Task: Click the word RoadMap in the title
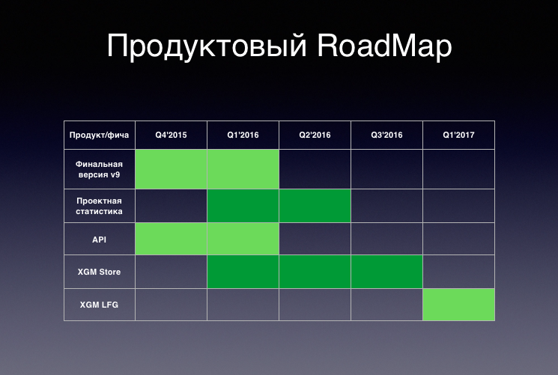tap(384, 46)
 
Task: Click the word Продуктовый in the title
tap(207, 46)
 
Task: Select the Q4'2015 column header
tap(171, 135)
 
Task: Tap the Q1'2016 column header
tap(243, 135)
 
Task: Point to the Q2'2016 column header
tap(315, 135)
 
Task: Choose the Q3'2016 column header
tap(386, 135)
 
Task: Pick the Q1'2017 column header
tap(458, 135)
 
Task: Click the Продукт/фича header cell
tap(100, 135)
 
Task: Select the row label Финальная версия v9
tap(100, 169)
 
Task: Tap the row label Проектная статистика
tap(100, 206)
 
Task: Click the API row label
tap(100, 240)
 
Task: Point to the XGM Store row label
tap(100, 272)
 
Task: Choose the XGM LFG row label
tap(100, 305)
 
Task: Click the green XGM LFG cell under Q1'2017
tap(458, 305)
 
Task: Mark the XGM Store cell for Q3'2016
tap(386, 272)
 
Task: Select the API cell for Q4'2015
tap(172, 239)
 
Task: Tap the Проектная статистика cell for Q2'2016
tap(315, 206)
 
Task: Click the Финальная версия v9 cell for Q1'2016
tap(243, 169)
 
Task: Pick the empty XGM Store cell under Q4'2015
tap(172, 272)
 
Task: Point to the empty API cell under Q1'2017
tap(458, 239)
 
